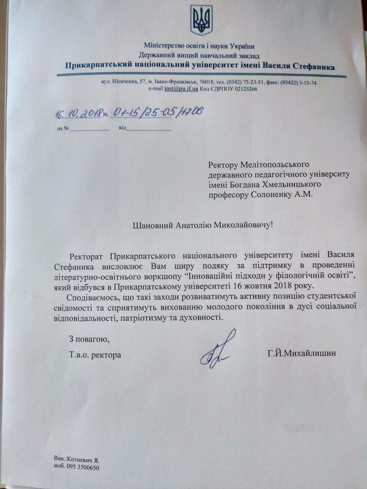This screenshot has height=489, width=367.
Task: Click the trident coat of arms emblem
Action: [201, 20]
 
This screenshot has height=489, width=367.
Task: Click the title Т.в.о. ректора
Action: [95, 355]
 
